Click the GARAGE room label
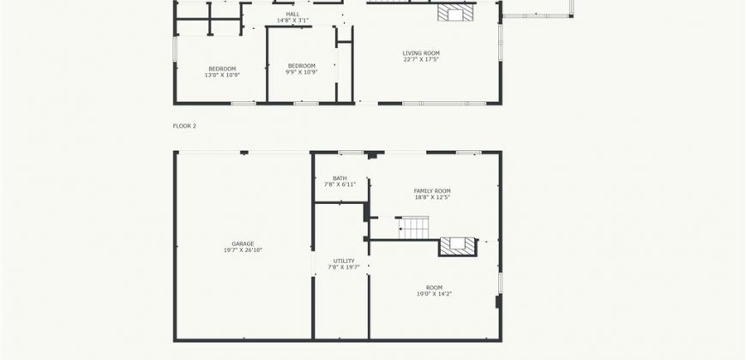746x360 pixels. click(x=243, y=244)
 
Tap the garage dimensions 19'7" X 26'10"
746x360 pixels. click(x=243, y=250)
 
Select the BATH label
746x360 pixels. click(x=340, y=178)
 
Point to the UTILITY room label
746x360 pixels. click(x=344, y=261)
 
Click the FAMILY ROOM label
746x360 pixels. click(x=432, y=191)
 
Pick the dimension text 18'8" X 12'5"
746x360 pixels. click(x=432, y=197)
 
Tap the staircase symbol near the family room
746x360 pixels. click(x=413, y=227)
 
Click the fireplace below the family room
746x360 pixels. click(x=457, y=246)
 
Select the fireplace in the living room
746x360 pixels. click(x=455, y=13)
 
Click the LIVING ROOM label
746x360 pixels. click(x=421, y=53)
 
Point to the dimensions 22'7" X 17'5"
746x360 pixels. click(x=421, y=59)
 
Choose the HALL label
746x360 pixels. click(x=293, y=15)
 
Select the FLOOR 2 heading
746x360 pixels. click(x=184, y=126)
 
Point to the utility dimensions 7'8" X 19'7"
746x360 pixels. click(x=344, y=267)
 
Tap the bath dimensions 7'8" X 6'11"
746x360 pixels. click(x=340, y=184)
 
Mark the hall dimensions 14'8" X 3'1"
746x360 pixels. click(x=293, y=21)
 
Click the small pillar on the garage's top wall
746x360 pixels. click(x=244, y=153)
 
